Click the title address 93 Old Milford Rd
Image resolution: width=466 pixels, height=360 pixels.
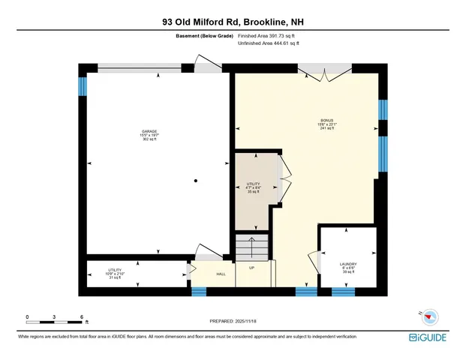pyautogui.click(x=233, y=22)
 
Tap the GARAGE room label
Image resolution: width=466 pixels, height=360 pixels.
pyautogui.click(x=150, y=132)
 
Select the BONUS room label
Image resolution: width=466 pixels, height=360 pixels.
pyautogui.click(x=325, y=121)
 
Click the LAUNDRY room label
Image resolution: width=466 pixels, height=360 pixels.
pyautogui.click(x=347, y=264)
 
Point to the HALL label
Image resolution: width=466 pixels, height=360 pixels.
pyautogui.click(x=221, y=274)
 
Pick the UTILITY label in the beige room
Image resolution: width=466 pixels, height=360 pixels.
pyautogui.click(x=253, y=184)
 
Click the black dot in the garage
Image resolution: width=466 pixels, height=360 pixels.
pyautogui.click(x=194, y=181)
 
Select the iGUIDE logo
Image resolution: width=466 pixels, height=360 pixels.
pyautogui.click(x=431, y=338)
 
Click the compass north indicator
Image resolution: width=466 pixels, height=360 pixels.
pyautogui.click(x=419, y=315)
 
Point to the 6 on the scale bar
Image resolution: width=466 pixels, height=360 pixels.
pyautogui.click(x=81, y=316)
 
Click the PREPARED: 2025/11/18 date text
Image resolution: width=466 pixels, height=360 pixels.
pyautogui.click(x=233, y=321)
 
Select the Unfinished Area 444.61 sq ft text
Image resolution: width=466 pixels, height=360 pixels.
pyautogui.click(x=269, y=43)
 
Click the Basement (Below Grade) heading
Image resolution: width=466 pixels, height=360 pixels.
pyautogui.click(x=203, y=35)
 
